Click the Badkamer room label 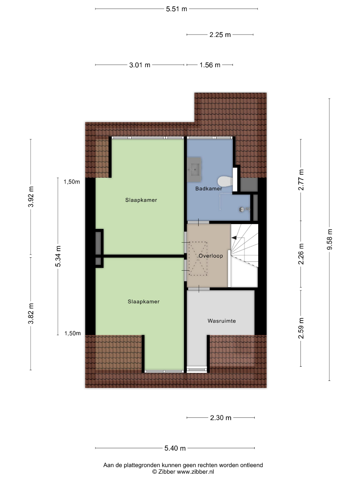click(x=208, y=188)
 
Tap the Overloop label click(x=211, y=256)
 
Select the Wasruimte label click(x=222, y=321)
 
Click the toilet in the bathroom click(x=225, y=181)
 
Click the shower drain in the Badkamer click(x=242, y=209)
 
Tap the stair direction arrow click(x=234, y=237)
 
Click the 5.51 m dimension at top click(x=176, y=9)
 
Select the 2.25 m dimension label click(x=220, y=35)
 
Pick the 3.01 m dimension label click(x=140, y=65)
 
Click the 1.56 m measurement click(x=210, y=65)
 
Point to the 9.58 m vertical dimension click(x=329, y=240)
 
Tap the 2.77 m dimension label click(x=301, y=180)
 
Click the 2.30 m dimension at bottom click(x=221, y=417)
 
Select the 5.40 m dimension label click(x=175, y=448)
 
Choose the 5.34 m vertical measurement click(x=58, y=256)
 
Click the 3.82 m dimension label click(x=31, y=313)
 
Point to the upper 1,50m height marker click(x=72, y=182)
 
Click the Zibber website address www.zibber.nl click(x=195, y=472)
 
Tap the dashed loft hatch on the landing click(x=198, y=259)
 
